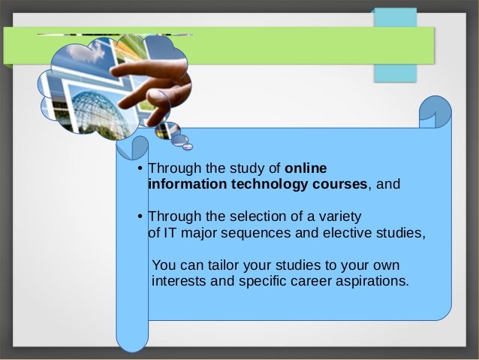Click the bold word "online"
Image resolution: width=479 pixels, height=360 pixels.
point(306,168)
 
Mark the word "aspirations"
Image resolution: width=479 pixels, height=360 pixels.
point(372,282)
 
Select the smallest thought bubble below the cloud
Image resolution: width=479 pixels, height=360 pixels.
point(188,145)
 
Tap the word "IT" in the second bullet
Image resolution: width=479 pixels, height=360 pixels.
point(167,233)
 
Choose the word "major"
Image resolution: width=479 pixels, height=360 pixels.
point(194,233)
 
